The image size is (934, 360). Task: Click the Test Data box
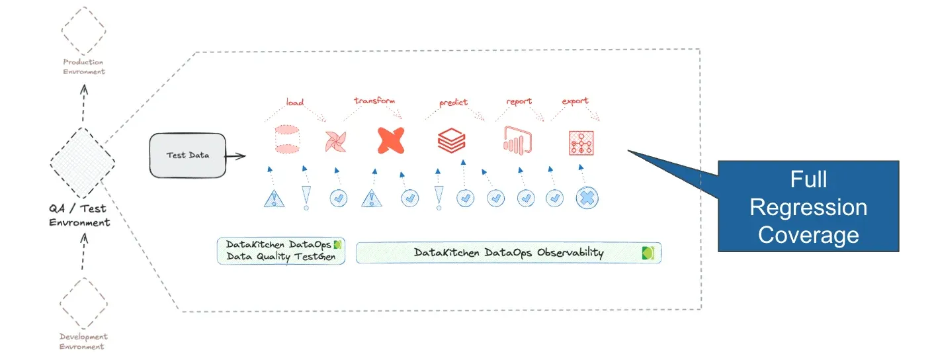[x=187, y=156]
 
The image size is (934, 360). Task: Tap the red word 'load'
[x=294, y=102]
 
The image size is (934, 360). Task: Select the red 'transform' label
[x=374, y=101]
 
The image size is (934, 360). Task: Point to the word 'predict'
[x=453, y=102]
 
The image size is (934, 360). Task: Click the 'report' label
[x=519, y=101]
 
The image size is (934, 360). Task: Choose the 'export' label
[x=575, y=101]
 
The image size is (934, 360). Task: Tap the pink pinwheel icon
[x=335, y=141]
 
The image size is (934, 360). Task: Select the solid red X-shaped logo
[x=390, y=140]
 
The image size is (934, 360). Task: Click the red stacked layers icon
[x=452, y=140]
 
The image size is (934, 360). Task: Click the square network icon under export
[x=581, y=142]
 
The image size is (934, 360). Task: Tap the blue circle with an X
[x=587, y=197]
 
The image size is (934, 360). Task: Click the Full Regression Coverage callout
[x=808, y=206]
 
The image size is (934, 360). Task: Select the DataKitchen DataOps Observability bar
[x=508, y=253]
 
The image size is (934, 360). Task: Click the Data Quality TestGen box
[x=281, y=251]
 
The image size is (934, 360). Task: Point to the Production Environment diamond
[x=83, y=30]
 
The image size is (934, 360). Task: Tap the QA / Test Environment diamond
[x=83, y=163]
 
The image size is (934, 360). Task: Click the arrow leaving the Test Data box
[x=235, y=156]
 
